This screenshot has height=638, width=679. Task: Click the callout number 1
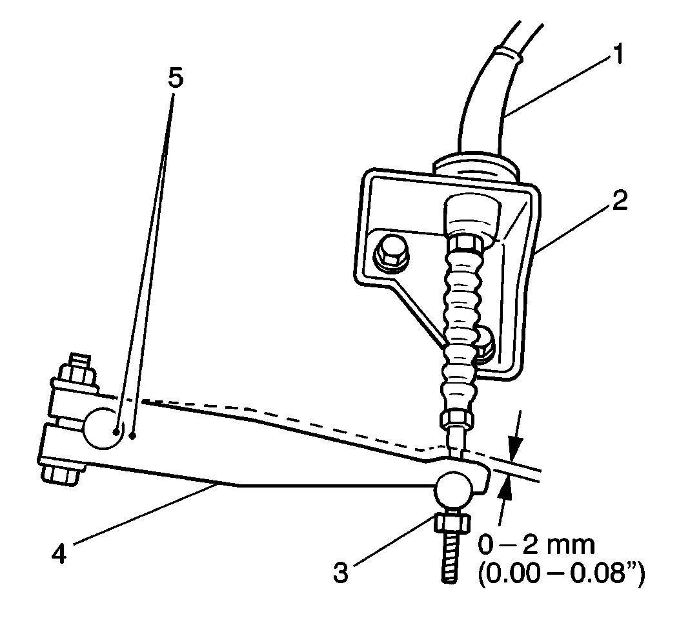tap(618, 57)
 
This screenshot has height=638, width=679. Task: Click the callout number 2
tap(618, 201)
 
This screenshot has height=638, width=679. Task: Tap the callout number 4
tap(59, 553)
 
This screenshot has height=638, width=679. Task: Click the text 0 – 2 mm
tap(536, 546)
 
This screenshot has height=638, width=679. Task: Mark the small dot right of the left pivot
tap(132, 437)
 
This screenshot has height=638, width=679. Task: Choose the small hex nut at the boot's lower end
tap(457, 420)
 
